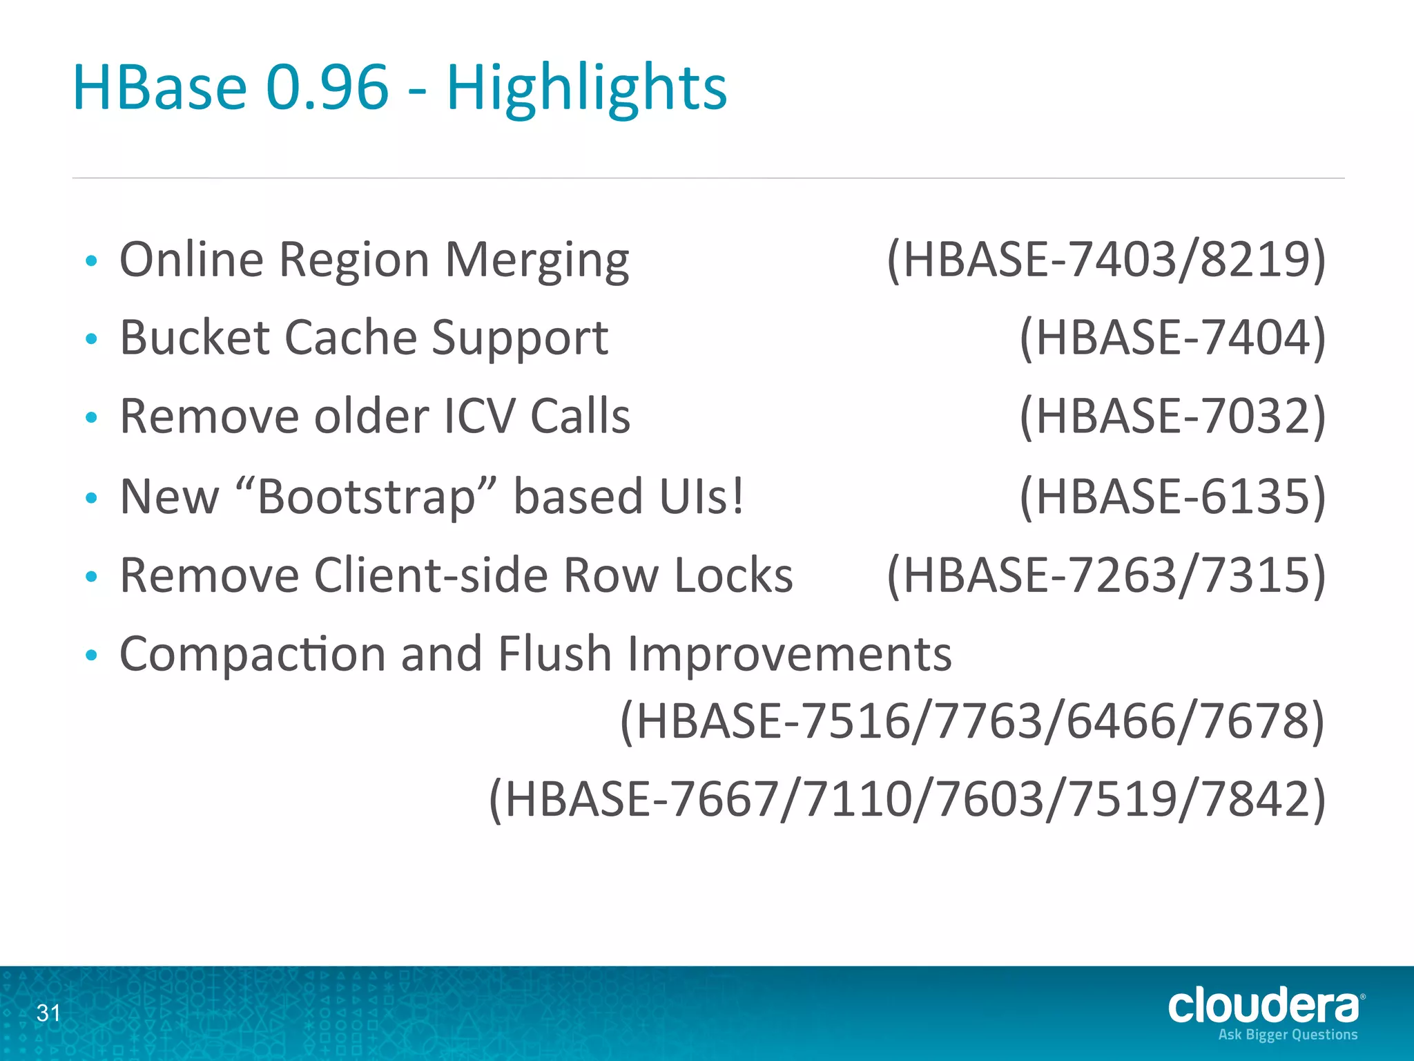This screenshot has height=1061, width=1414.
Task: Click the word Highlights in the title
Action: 587,88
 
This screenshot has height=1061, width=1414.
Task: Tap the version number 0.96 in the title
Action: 327,88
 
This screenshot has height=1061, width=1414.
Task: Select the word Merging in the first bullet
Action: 537,260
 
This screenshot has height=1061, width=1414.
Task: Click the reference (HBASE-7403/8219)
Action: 1106,260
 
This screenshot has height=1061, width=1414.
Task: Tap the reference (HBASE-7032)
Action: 1172,417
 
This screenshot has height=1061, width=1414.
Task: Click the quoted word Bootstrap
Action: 367,497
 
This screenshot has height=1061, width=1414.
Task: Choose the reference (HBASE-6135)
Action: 1172,497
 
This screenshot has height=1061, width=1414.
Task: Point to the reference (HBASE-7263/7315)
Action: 1106,575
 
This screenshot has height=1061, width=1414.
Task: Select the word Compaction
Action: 253,654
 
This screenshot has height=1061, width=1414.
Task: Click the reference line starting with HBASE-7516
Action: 972,721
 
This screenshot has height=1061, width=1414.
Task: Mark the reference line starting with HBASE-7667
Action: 907,799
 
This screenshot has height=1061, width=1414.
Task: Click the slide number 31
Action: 48,1013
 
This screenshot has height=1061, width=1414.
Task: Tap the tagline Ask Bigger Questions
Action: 1288,1035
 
